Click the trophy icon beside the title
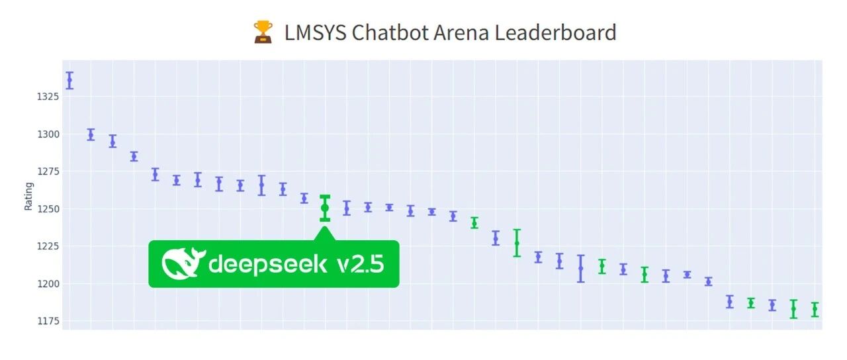pos(263,32)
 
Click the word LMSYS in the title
pos(315,32)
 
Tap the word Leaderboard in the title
pos(555,32)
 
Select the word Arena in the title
pos(461,32)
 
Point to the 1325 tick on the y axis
pos(48,97)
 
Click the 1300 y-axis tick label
pos(48,134)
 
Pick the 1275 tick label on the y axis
pos(48,171)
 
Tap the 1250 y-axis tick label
pos(48,209)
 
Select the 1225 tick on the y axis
pos(48,247)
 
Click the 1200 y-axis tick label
pos(48,284)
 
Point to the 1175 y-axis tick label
pos(48,322)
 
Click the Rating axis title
pos(28,197)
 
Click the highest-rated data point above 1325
pos(69,80)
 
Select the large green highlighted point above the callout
pos(325,208)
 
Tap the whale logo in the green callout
pos(183,263)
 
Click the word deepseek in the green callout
pos(268,264)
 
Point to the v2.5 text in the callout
pos(361,264)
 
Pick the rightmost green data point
pos(815,310)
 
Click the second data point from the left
pos(91,134)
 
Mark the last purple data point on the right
pos(772,305)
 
